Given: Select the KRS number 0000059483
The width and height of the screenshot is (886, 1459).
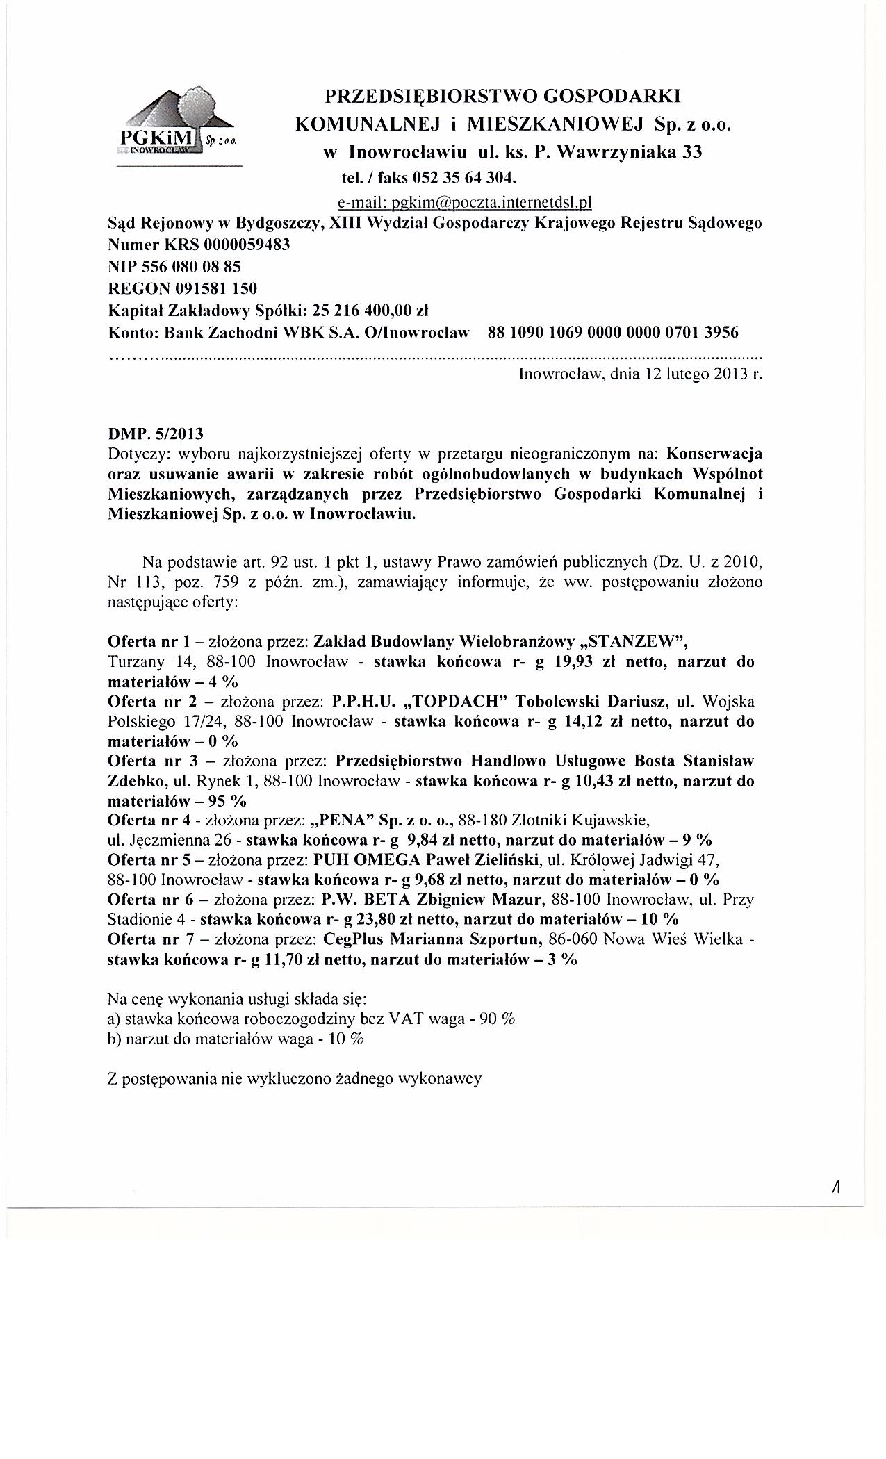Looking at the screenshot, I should tap(247, 245).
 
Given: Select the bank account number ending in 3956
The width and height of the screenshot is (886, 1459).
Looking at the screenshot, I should tap(614, 331).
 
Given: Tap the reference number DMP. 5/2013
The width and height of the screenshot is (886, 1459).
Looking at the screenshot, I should tap(156, 434).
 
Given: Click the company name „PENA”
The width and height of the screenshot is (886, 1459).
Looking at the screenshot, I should tap(345, 821).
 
